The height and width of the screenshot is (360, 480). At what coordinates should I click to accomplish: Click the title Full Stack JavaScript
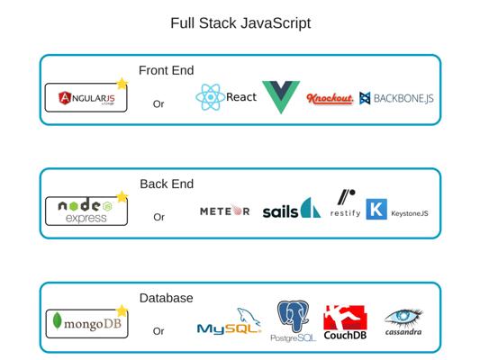[x=240, y=23]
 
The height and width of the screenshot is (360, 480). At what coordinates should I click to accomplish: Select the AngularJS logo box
[x=86, y=97]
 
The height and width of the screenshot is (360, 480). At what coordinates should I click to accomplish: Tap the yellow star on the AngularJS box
[x=122, y=83]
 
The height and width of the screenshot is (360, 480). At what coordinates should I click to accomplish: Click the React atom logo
[x=211, y=97]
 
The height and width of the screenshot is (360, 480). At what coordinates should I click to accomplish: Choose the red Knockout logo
[x=330, y=98]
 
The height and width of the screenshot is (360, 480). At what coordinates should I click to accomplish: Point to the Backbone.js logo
[x=396, y=98]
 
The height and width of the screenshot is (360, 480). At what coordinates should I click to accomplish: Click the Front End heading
[x=167, y=70]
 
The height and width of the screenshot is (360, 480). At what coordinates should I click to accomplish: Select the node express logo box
[x=86, y=211]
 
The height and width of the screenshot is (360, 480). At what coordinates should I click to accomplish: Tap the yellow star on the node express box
[x=122, y=197]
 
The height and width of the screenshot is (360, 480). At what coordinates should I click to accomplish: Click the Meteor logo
[x=225, y=211]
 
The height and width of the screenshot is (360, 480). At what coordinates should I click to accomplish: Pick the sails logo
[x=292, y=208]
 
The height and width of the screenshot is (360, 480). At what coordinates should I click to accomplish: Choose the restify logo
[x=345, y=203]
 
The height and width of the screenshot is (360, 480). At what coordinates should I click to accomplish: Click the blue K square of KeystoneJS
[x=376, y=209]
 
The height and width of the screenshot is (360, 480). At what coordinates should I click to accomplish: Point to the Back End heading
[x=167, y=184]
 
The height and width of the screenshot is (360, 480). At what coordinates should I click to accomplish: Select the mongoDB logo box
[x=86, y=324]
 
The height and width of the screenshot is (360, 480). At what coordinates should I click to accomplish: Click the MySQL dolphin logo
[x=229, y=321]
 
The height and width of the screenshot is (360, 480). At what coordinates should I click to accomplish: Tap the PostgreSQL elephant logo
[x=293, y=320]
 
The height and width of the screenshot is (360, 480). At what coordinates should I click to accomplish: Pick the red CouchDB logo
[x=345, y=322]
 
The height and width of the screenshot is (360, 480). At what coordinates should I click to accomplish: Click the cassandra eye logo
[x=403, y=322]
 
